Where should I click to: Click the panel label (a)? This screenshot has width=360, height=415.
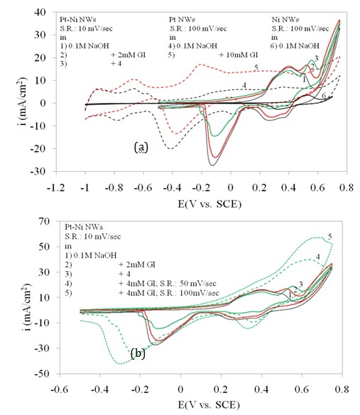[x=141, y=147]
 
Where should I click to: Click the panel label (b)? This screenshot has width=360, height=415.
[x=138, y=353]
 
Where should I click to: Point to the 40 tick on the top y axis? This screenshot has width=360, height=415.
[x=40, y=12]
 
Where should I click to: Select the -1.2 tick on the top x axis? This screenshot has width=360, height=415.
[x=55, y=188]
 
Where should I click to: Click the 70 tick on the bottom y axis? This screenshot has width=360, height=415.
[x=44, y=221]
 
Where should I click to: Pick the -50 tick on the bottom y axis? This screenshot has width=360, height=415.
[x=42, y=374]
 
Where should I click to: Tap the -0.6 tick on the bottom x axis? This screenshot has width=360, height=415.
[x=60, y=389]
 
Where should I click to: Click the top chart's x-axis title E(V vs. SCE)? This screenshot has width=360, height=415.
[x=209, y=204]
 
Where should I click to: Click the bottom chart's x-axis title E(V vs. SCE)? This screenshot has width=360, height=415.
[x=209, y=405]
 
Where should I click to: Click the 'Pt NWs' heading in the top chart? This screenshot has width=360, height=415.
[x=182, y=19]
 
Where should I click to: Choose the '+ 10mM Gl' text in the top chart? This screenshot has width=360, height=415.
[x=239, y=55]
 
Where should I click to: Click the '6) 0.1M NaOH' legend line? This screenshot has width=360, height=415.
[x=295, y=46]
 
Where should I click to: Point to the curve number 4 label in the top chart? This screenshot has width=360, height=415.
[x=244, y=85]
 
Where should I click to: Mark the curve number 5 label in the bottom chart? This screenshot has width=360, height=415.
[x=329, y=237]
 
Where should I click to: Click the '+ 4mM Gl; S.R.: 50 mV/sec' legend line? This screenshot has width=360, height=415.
[x=168, y=284]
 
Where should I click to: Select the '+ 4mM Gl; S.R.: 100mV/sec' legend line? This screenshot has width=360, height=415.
[x=169, y=293]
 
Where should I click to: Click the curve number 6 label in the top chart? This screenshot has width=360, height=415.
[x=324, y=95]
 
